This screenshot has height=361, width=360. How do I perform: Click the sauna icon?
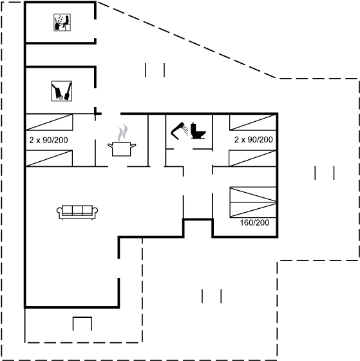coord(62,23)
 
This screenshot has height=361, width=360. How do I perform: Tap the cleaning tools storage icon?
coord(62,91)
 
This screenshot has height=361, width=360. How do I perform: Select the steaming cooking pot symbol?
coord(122,141)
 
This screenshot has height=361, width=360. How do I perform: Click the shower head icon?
coord(179,131)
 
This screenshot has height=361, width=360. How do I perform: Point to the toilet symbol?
coord(198,131)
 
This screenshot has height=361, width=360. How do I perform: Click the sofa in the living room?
coord(77,212)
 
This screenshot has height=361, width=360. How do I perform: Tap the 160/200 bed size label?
coord(254,222)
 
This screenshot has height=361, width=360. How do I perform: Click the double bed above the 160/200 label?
coord(253,202)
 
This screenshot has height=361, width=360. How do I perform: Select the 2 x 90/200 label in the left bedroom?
coord(48,140)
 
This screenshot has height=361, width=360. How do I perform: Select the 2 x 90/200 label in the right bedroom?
coord(254,139)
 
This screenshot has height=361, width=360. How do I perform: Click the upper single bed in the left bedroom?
coord(50,122)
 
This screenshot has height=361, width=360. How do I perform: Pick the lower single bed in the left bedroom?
coord(49,158)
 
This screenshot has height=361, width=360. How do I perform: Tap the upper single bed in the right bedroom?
coord(253,122)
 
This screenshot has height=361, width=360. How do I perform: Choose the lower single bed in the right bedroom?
coord(252,158)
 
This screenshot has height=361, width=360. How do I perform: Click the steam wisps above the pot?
coord(122,133)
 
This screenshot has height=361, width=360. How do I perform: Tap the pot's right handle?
coord(133,145)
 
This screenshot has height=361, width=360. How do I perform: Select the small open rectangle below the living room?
coord(82,324)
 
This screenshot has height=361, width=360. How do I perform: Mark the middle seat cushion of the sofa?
coord(77,210)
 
